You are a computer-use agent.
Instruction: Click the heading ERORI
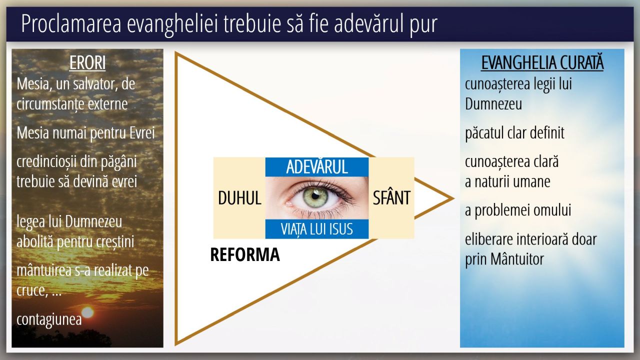[x=87, y=62]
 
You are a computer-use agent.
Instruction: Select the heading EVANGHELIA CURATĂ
[x=542, y=62]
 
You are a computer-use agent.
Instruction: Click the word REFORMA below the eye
[x=245, y=254]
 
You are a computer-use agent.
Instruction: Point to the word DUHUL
[x=239, y=197]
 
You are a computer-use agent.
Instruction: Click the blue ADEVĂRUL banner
[x=317, y=167]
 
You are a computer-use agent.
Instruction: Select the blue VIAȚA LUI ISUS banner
[x=317, y=229]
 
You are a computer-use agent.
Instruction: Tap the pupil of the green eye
[x=315, y=195]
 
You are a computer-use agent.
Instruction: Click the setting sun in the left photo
[x=87, y=312]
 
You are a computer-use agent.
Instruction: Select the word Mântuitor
[x=517, y=259]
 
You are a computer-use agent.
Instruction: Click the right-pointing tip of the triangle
[x=453, y=198]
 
